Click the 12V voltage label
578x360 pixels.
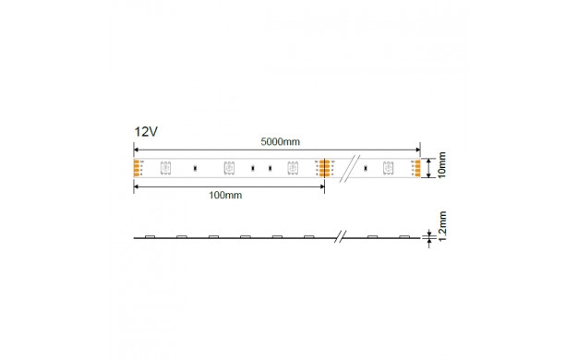click(146, 132)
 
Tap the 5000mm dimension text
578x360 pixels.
click(280, 141)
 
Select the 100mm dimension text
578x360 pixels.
click(225, 195)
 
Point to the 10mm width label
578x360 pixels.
click(441, 165)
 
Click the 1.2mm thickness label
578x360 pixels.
click(442, 226)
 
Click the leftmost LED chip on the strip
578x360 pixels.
click(165, 168)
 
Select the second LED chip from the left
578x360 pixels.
click(229, 168)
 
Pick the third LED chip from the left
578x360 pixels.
click(293, 168)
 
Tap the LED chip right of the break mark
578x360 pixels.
click(388, 168)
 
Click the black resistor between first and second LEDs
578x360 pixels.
click(195, 168)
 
